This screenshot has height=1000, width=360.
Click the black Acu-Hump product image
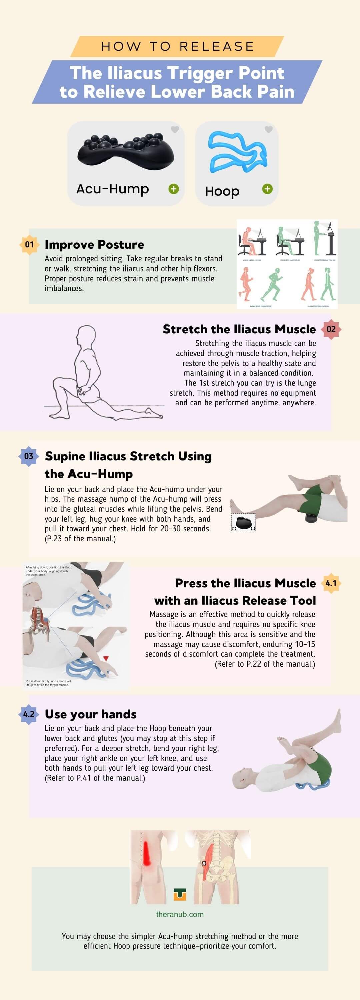pos(125,151)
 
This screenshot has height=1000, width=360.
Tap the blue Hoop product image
pos(237,152)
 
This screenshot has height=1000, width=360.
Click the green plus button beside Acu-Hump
pos(174,189)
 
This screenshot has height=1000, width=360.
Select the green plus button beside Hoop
pos(267,189)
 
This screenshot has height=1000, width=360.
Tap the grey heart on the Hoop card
pos(268,130)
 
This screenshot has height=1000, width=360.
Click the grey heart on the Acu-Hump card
pos(175,130)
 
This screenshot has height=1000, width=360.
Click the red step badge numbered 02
pos(331,329)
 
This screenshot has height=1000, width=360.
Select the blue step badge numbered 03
pos(29,456)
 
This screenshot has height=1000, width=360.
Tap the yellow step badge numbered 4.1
pos(331,583)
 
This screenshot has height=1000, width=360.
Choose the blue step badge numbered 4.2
pos(29,714)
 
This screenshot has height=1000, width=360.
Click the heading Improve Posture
pos(94,245)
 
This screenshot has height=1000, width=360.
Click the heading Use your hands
pos(90,714)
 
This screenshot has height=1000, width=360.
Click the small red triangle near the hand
pos(106,659)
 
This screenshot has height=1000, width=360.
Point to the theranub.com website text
pos(180,914)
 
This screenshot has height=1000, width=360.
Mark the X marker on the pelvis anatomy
pos(204,863)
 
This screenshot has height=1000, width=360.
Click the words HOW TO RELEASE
pos(177,47)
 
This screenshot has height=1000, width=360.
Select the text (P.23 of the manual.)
pos(80,539)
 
